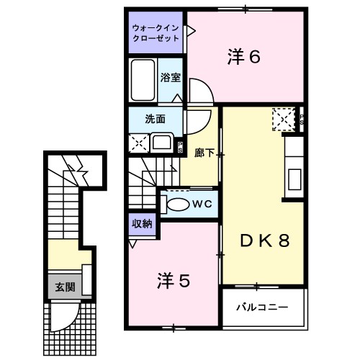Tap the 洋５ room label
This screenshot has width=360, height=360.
tap(174, 281)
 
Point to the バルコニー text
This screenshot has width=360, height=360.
tap(264, 307)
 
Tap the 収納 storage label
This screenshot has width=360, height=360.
tap(141, 224)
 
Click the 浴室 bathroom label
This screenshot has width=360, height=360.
tap(170, 76)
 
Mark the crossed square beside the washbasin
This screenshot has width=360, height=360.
tap(138, 142)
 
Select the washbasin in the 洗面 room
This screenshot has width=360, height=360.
tap(161, 142)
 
